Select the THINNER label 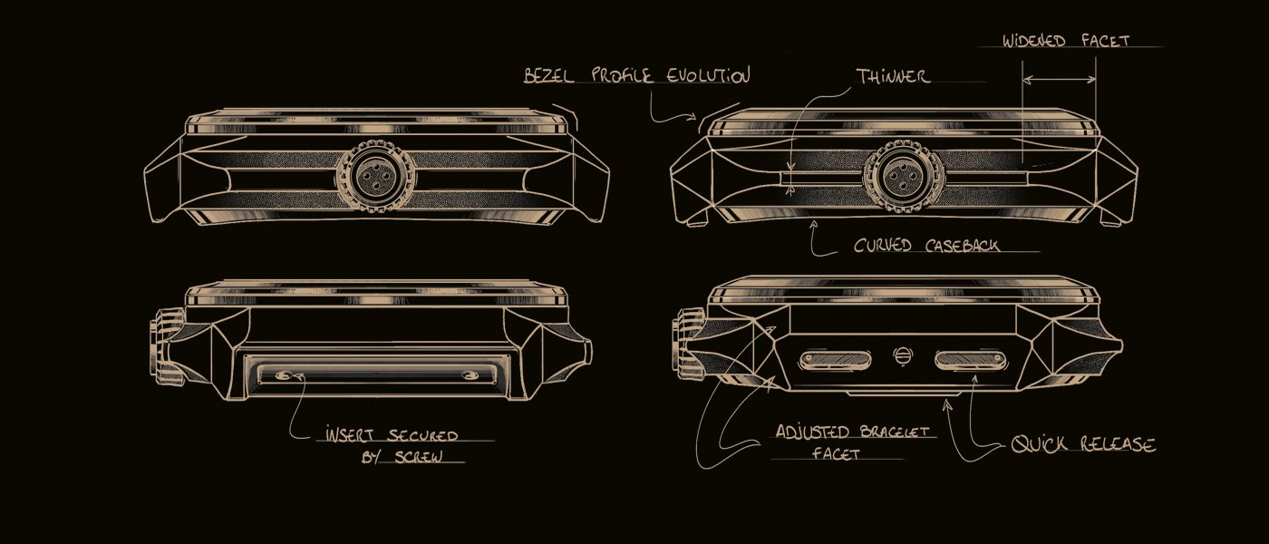pos(893,77)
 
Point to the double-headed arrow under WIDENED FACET pos(1059,80)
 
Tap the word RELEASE pos(1118,444)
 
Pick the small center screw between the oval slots pos(903,357)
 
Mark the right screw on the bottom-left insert pos(472,375)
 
